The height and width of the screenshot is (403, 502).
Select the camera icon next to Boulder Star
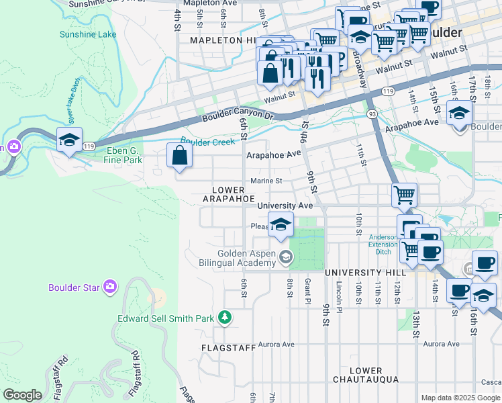(x=110, y=287)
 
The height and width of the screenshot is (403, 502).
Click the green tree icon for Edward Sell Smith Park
(x=225, y=317)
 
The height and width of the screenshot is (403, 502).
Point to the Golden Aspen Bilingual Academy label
(x=246, y=259)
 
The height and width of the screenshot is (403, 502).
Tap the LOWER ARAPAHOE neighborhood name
(x=229, y=195)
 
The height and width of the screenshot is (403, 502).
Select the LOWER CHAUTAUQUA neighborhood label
(x=366, y=375)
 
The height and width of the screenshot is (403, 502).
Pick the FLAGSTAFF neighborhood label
(x=229, y=348)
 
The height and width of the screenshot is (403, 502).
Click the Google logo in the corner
(x=22, y=395)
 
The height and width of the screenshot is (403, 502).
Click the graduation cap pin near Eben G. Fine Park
(x=69, y=140)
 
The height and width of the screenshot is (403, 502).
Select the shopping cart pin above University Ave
(x=404, y=195)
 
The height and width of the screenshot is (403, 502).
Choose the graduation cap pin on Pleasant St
(x=281, y=224)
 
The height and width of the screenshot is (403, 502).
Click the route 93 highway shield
(x=371, y=114)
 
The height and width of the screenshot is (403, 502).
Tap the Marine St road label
(x=266, y=181)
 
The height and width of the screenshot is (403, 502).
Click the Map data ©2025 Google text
(x=460, y=398)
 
